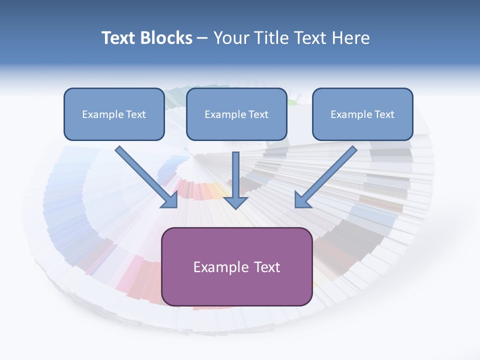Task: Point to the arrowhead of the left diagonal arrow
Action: click(x=171, y=200)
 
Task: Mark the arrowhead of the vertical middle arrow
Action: click(x=236, y=202)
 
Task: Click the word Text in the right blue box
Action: click(x=384, y=114)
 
